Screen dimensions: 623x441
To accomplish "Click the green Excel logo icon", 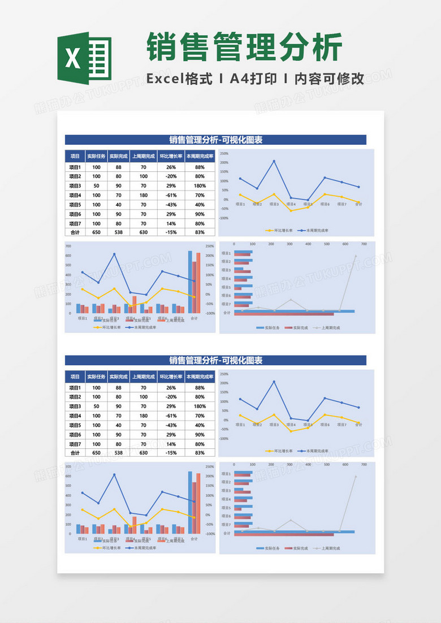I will click(x=85, y=59).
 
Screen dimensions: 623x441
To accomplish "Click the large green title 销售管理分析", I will click(x=244, y=47).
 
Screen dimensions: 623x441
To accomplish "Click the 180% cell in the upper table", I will click(x=200, y=186).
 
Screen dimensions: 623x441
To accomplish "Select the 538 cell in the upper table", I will click(x=119, y=232).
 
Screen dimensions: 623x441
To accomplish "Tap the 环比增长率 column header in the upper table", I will click(x=171, y=156).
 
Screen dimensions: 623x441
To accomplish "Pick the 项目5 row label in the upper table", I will click(x=75, y=205).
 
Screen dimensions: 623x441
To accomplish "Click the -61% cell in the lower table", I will click(x=171, y=416).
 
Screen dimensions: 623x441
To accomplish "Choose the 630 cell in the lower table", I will click(x=144, y=452).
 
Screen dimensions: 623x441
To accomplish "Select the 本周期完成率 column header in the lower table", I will click(x=200, y=377).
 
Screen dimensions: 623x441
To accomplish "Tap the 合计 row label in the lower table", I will click(x=75, y=452).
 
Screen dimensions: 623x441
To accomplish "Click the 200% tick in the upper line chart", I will click(x=226, y=163).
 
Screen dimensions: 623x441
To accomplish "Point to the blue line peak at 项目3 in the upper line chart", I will click(x=274, y=161).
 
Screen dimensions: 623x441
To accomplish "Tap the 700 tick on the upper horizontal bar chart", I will click(x=364, y=244).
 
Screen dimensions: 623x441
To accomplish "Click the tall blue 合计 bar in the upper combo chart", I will click(x=190, y=282).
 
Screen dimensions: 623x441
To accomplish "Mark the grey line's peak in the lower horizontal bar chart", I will click(x=356, y=476).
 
